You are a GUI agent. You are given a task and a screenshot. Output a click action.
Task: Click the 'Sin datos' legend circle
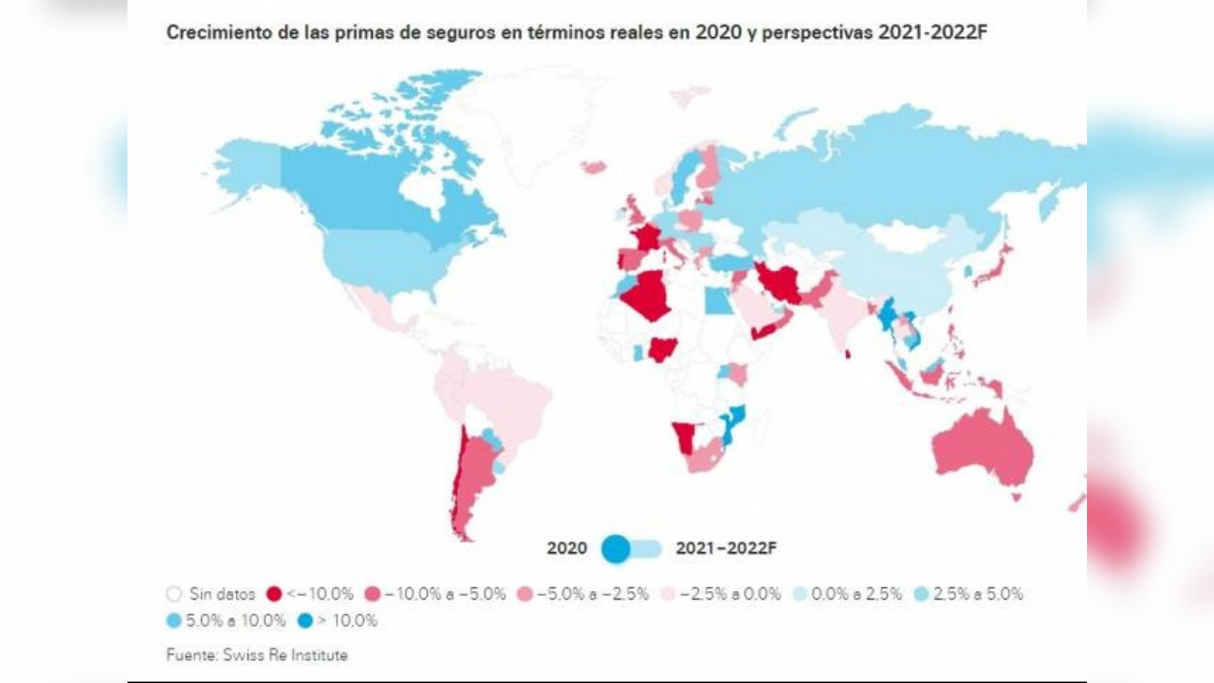[x=174, y=595]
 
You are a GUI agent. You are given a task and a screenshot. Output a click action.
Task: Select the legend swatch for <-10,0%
[x=274, y=595]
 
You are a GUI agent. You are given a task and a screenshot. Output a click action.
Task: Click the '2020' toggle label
[x=566, y=548]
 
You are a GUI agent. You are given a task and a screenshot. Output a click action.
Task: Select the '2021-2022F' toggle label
[x=726, y=548]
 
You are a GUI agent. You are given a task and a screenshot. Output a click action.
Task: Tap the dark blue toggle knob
[x=616, y=548]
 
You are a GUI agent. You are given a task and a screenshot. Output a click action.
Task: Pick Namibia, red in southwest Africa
[x=683, y=438]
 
